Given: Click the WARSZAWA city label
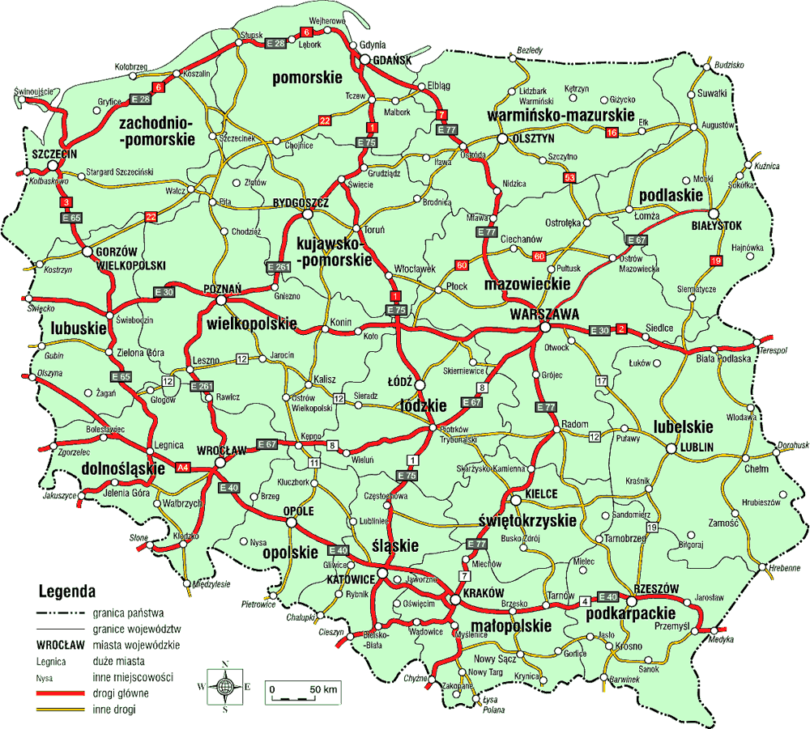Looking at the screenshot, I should tap(543, 312).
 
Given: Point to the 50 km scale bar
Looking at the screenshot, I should tap(305, 694).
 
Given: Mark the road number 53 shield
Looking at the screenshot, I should tap(569, 177).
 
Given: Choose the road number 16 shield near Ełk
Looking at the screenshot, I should tap(612, 132).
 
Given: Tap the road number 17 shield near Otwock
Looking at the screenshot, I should tap(601, 380).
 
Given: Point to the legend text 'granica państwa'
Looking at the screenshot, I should tap(129, 613).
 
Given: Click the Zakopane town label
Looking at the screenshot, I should tap(458, 686).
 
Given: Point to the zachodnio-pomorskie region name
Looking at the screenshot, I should tap(157, 131).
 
